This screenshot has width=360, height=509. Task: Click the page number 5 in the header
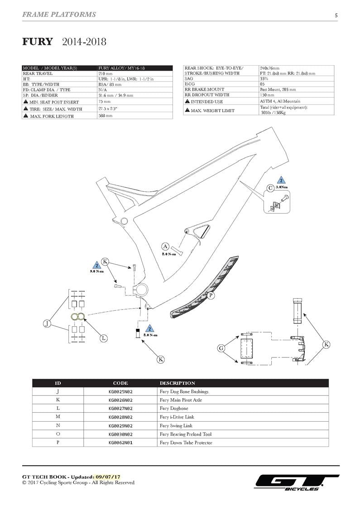pyautogui.click(x=336, y=15)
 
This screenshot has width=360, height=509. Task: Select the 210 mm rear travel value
pyautogui.click(x=105, y=73)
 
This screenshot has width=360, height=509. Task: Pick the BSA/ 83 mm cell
pyautogui.click(x=109, y=84)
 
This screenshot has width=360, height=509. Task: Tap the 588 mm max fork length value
pyautogui.click(x=105, y=116)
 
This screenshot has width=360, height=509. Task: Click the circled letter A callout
pyautogui.click(x=165, y=247)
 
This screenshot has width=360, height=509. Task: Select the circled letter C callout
pyautogui.click(x=270, y=188)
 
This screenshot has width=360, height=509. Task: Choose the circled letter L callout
pyautogui.click(x=104, y=338)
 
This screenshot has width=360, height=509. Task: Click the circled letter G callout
pyautogui.click(x=221, y=348)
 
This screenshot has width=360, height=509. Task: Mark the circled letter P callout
pyautogui.click(x=211, y=295)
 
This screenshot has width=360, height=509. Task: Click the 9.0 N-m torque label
pyautogui.click(x=97, y=271)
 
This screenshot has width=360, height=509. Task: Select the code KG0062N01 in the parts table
pyautogui.click(x=120, y=442)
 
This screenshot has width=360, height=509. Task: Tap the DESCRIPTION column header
pyautogui.click(x=177, y=383)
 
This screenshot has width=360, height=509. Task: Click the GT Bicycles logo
pyautogui.click(x=297, y=482)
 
